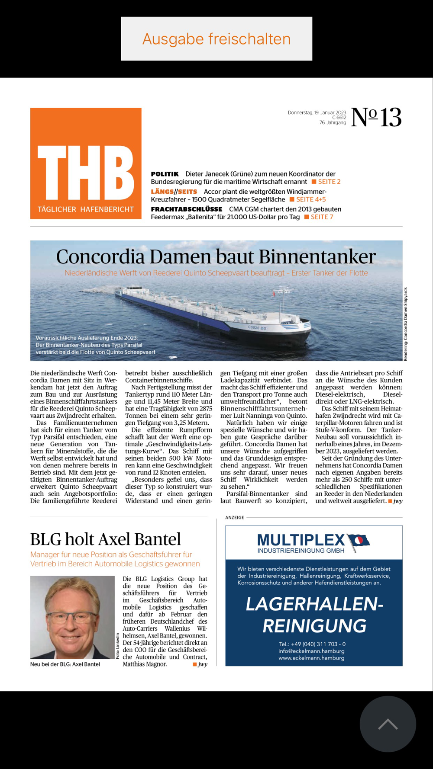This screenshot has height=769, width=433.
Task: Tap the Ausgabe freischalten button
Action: (216, 39)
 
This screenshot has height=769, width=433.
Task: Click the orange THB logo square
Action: (86, 163)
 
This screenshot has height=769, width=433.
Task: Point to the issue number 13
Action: (391, 117)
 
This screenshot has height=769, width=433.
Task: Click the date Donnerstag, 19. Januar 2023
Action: (317, 112)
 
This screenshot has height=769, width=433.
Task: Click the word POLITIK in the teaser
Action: (165, 174)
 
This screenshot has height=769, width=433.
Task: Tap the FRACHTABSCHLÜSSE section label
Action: (187, 209)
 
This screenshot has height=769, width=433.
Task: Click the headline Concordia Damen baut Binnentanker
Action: (216, 256)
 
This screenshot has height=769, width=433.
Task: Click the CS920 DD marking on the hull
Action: (257, 328)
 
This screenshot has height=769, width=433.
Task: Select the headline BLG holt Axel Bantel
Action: (106, 539)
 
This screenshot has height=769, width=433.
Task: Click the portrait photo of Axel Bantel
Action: (72, 617)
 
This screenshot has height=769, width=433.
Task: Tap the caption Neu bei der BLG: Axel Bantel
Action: (65, 664)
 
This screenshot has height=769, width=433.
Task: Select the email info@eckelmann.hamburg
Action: (311, 651)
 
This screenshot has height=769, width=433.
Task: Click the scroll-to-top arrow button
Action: (388, 724)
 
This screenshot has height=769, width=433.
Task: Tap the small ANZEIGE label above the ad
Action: (235, 517)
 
